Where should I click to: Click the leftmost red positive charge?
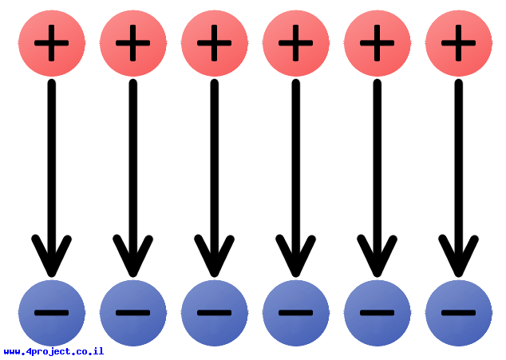pyautogui.click(x=52, y=43)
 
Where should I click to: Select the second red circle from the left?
pyautogui.click(x=133, y=43)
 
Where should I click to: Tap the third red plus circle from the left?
pyautogui.click(x=215, y=43)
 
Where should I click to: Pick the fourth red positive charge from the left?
pyautogui.click(x=296, y=43)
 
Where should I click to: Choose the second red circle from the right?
pyautogui.click(x=378, y=43)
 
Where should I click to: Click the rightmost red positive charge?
pyautogui.click(x=459, y=43)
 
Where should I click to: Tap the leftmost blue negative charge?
pyautogui.click(x=52, y=313)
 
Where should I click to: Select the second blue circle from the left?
pyautogui.click(x=133, y=313)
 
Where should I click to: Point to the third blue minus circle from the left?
pyautogui.click(x=215, y=313)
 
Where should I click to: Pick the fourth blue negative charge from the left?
pyautogui.click(x=296, y=313)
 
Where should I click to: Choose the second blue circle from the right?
pyautogui.click(x=378, y=313)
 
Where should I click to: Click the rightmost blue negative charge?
pyautogui.click(x=459, y=313)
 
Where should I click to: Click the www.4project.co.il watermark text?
pyautogui.click(x=53, y=351)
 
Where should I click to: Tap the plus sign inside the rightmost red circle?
pyautogui.click(x=459, y=43)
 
